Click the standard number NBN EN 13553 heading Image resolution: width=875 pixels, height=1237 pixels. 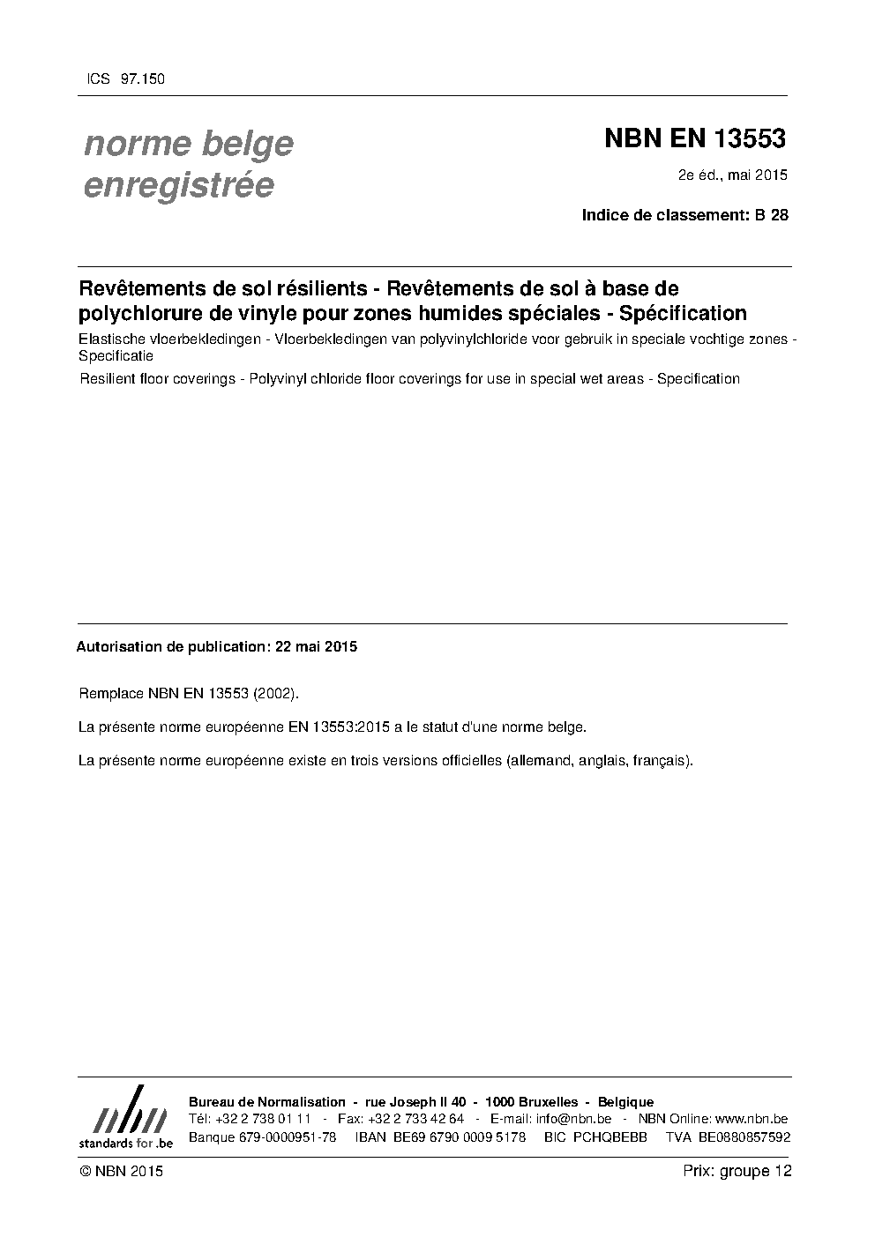694,139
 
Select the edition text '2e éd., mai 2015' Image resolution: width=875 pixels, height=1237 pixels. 732,175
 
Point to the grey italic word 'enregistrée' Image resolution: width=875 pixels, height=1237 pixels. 178,186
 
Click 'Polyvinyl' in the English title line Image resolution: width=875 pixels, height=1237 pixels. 277,379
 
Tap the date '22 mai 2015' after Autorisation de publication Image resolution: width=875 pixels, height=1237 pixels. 316,646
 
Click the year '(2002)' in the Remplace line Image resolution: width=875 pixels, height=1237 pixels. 275,694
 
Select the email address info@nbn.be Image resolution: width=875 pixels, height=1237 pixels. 573,1120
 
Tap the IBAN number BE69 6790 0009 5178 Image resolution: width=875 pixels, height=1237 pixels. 458,1137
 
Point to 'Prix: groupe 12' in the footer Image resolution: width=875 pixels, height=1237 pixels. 737,1172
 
